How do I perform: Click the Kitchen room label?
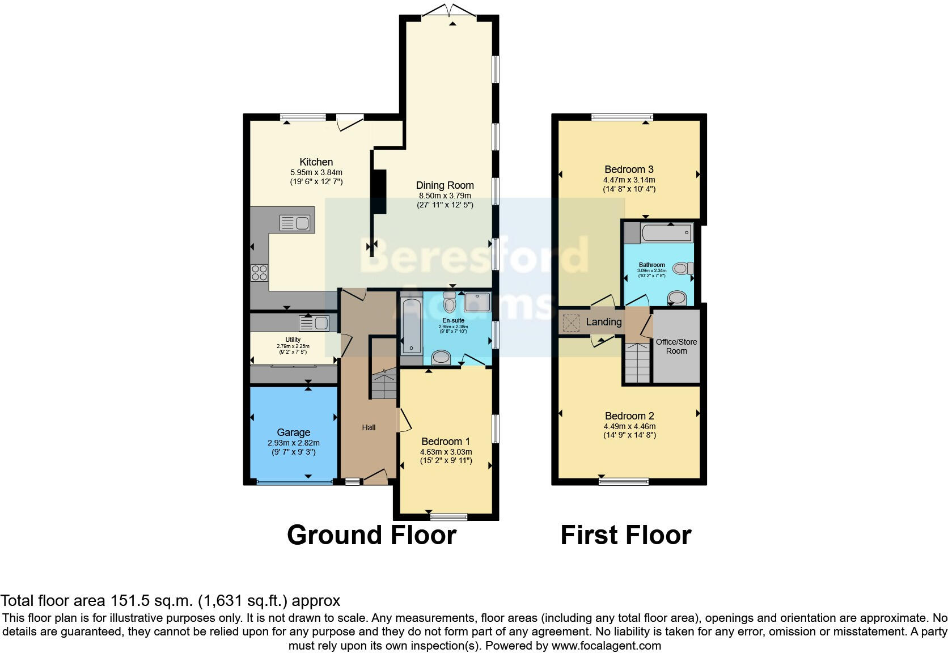pos(316,162)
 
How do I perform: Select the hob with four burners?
pos(260,273)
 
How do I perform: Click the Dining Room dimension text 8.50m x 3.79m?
pos(445,196)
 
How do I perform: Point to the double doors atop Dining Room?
pos(451,11)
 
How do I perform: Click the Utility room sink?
pos(314,324)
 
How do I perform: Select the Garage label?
pos(293,432)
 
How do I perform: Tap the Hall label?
pos(369,427)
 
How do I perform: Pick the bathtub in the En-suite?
pos(410,326)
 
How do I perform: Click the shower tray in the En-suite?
pos(477,302)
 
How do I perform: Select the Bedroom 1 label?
pos(446,442)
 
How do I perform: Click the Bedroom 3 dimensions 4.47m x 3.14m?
pos(629,180)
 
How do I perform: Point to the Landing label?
pos(603,322)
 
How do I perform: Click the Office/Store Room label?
pos(676,346)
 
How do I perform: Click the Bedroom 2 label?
pos(629,416)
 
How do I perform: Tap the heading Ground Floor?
pos(371,535)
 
